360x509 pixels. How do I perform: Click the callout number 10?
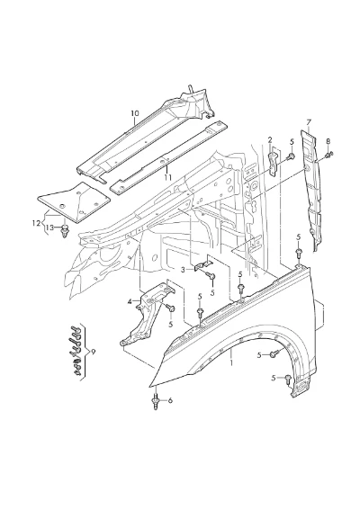135,113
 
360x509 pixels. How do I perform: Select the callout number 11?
167,177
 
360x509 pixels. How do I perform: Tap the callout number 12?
36,223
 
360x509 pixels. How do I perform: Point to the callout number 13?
49,228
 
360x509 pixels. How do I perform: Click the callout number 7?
309,122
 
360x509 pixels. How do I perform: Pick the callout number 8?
328,141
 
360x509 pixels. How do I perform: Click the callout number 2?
270,140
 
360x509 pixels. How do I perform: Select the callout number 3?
184,270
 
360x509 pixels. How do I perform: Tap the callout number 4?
130,301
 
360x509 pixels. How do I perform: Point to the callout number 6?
170,400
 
